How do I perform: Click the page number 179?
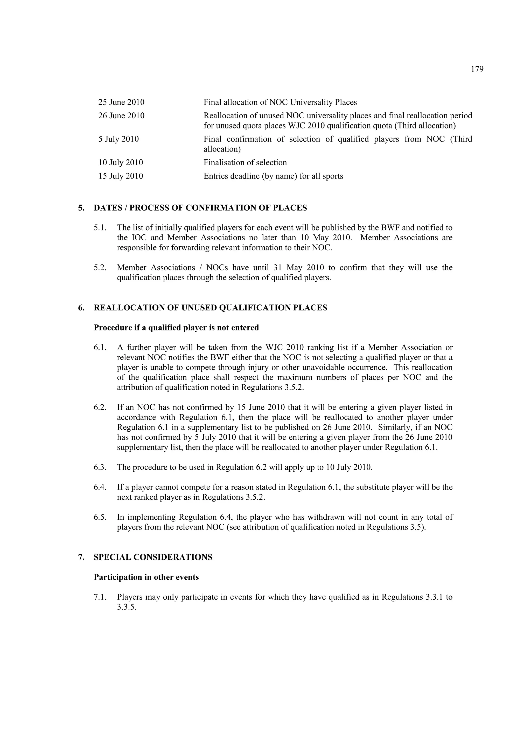pos(477,69)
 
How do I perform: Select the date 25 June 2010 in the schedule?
pos(121,102)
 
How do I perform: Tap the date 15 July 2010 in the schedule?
pos(121,176)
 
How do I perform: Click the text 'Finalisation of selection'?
pos(245,163)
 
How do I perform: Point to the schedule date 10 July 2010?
pos(121,163)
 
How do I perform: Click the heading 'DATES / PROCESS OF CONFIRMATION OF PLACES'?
pos(200,208)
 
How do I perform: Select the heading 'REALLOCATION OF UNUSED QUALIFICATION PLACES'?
pos(210,308)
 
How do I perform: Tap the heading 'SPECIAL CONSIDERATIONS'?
pos(153,557)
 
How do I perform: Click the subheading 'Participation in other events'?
pos(146,577)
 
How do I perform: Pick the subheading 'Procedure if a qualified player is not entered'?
pos(176,328)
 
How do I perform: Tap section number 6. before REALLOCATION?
pos(81,308)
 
